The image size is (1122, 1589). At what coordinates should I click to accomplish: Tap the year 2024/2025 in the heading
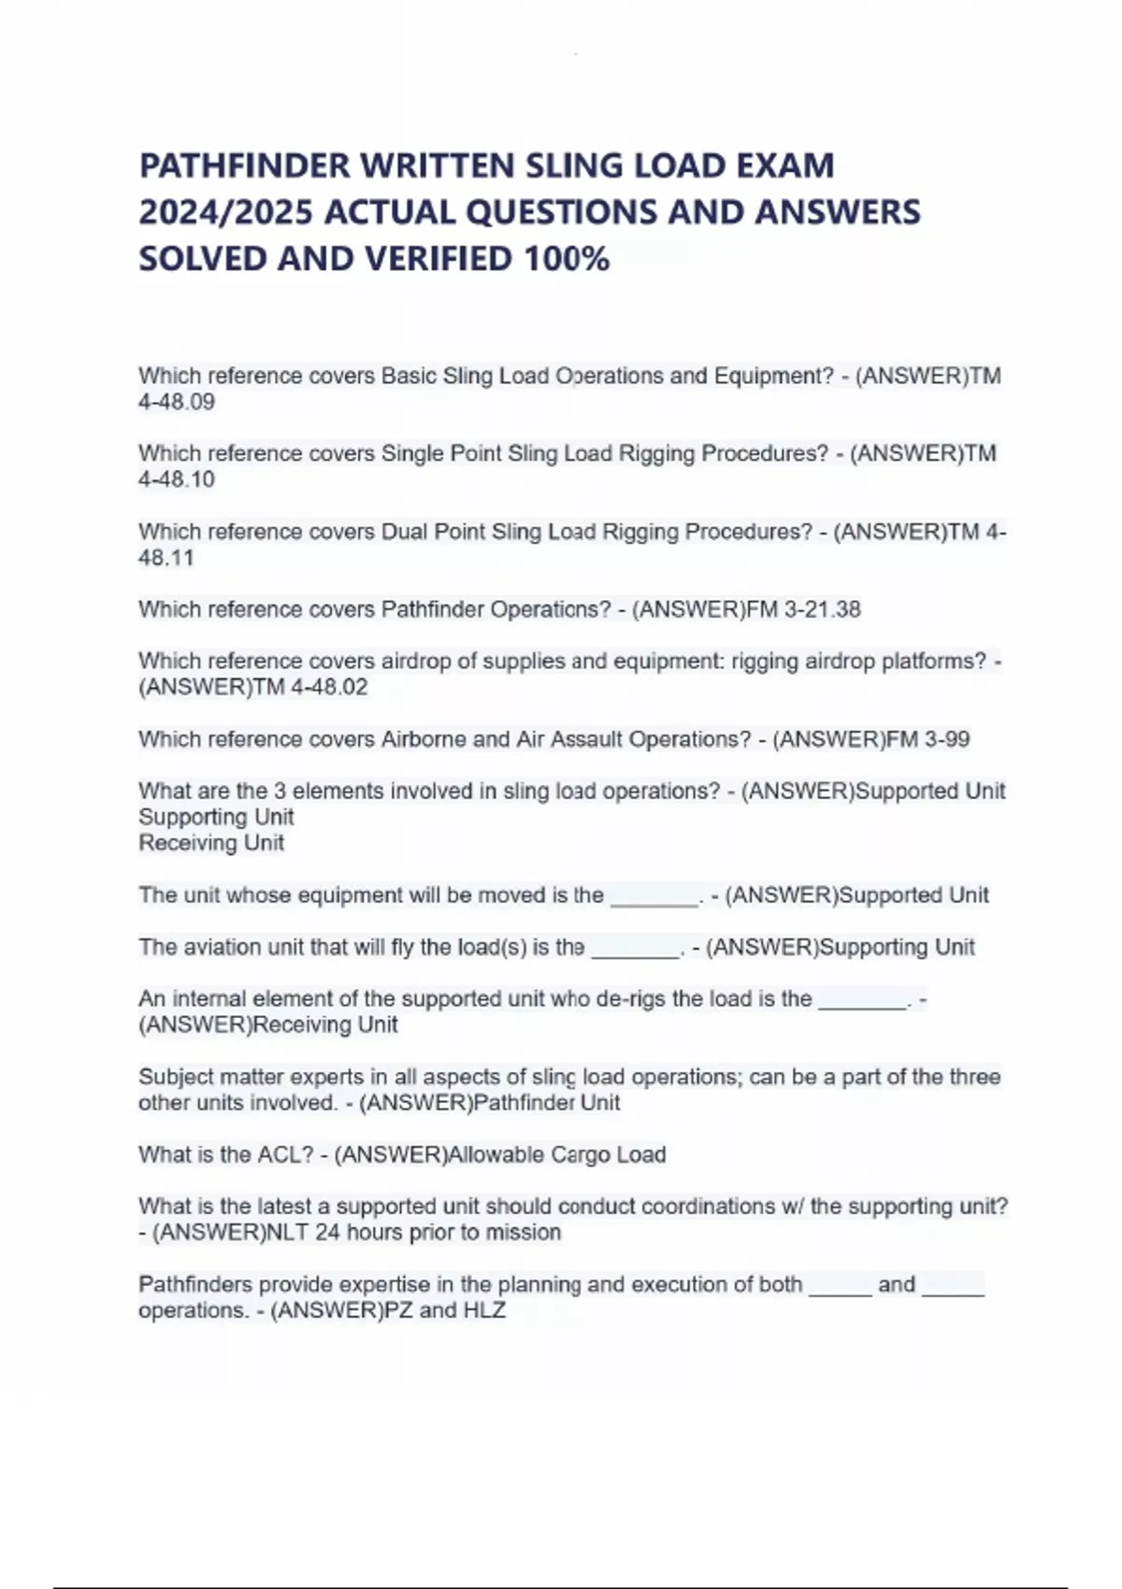(x=225, y=213)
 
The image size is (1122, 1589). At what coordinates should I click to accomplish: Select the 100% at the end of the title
(x=568, y=259)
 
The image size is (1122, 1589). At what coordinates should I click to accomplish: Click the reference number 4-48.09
(x=177, y=403)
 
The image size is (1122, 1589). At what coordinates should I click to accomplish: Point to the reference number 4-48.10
(x=177, y=480)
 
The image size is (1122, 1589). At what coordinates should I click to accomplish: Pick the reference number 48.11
(x=166, y=559)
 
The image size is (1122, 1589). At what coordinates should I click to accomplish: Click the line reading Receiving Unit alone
(x=211, y=843)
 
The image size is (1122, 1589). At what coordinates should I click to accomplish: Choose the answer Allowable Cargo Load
(x=557, y=1155)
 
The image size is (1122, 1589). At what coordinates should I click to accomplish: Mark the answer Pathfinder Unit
(x=547, y=1103)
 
